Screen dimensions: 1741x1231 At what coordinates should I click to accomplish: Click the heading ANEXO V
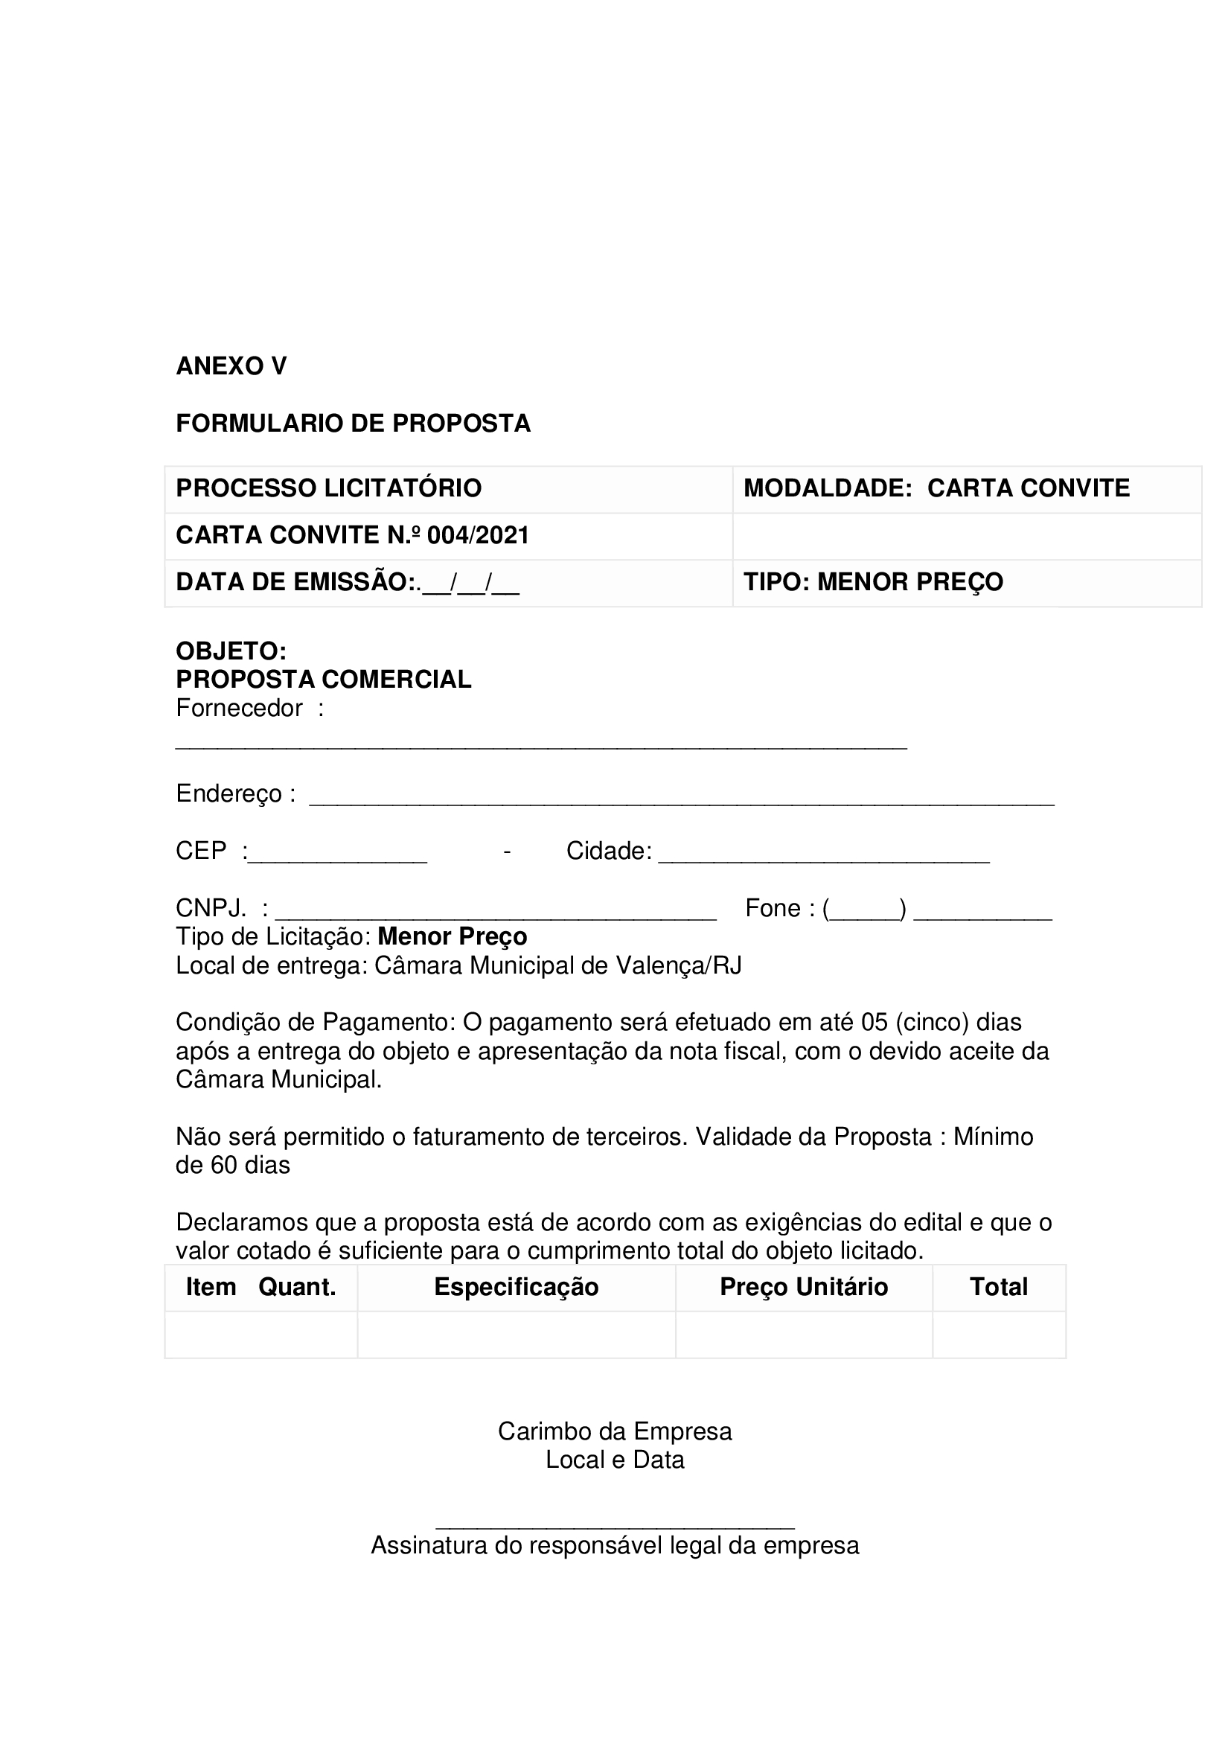231,366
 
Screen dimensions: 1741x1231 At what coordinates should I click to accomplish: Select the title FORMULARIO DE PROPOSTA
353,423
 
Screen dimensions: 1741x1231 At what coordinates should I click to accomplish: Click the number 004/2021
478,535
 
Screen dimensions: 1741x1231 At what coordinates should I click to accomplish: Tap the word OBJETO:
231,651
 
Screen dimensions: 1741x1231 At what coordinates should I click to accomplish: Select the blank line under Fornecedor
540,746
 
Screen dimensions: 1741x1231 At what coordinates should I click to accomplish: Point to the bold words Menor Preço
452,937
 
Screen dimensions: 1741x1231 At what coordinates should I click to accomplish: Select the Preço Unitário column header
803,1288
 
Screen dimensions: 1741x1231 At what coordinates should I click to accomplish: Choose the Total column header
998,1288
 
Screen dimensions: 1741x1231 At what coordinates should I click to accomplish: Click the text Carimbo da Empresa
614,1431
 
